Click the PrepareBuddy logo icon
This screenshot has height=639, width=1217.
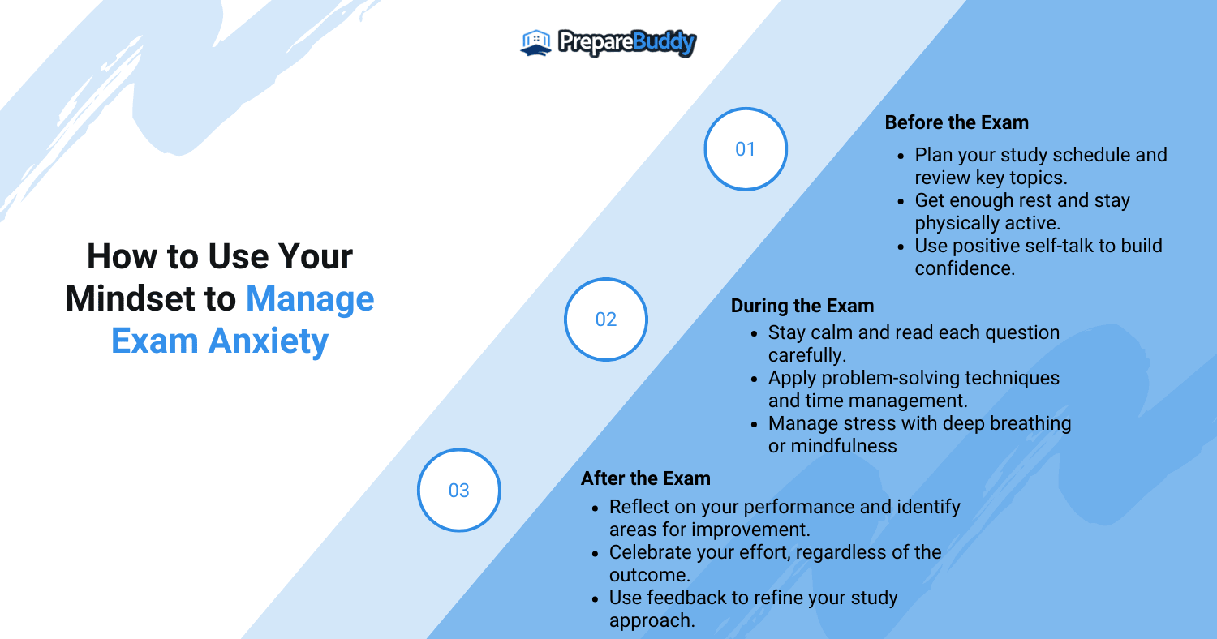[535, 42]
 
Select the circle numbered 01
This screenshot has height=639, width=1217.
[746, 148]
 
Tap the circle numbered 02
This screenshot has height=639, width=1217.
[606, 319]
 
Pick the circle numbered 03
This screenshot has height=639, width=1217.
[459, 491]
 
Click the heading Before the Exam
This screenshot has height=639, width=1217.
[957, 122]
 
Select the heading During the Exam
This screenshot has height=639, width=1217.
[802, 307]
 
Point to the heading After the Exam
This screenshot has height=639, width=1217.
[646, 478]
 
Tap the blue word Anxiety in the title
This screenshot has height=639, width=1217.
[269, 341]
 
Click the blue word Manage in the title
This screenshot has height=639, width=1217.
[310, 300]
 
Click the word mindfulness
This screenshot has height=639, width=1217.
[844, 446]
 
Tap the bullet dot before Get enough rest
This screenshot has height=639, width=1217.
[901, 202]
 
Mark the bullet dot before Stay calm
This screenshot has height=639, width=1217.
[754, 334]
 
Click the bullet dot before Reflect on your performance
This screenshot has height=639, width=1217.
[595, 508]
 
